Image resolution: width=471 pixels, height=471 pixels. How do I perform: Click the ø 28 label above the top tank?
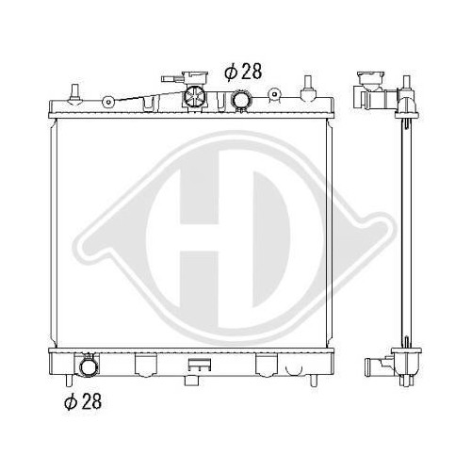click(243, 73)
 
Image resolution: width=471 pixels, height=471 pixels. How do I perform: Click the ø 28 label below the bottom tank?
click(83, 401)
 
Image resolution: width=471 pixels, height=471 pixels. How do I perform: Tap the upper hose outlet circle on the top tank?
click(241, 100)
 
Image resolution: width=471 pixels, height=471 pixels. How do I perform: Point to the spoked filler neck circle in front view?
click(194, 96)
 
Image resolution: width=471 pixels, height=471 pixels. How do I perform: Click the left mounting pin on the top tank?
click(74, 92)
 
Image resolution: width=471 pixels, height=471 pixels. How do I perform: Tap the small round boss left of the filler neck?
click(107, 101)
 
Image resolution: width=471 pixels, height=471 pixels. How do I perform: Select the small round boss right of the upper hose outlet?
click(274, 94)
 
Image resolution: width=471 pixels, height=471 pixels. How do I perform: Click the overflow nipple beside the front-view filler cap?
click(171, 79)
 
